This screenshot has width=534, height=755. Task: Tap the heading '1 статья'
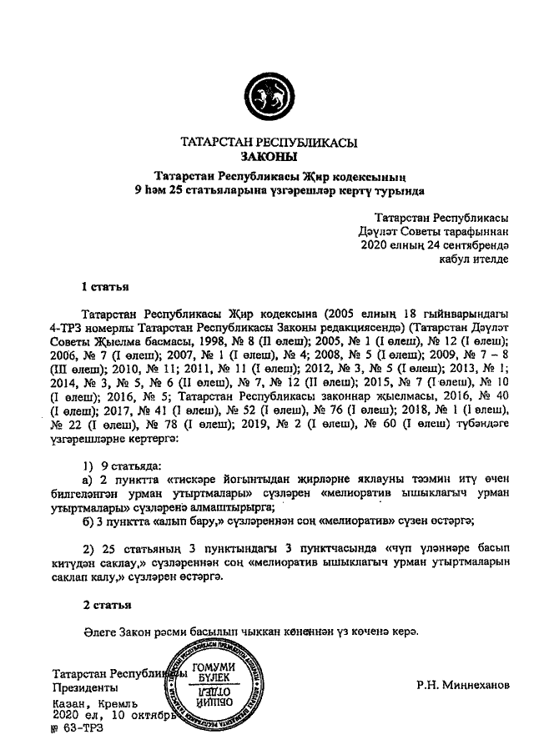(x=104, y=288)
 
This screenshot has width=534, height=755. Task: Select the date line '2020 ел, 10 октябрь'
(x=113, y=715)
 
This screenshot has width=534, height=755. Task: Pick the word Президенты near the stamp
(x=79, y=689)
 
